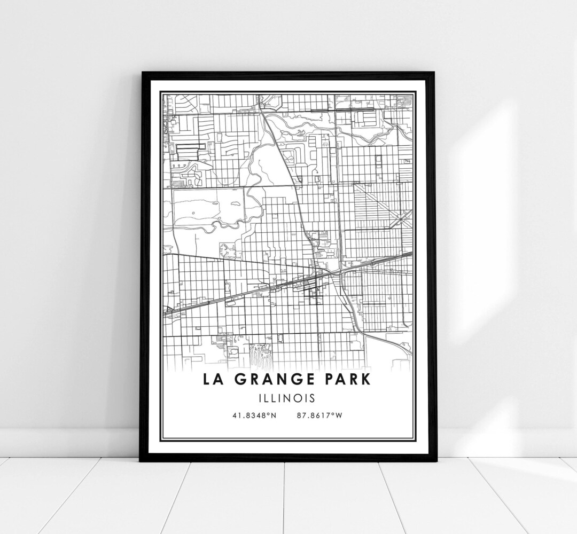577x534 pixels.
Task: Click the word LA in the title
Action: (212, 379)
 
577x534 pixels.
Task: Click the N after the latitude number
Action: (273, 415)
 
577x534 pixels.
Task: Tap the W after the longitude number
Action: (338, 415)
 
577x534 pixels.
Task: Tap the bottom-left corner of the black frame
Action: (140, 461)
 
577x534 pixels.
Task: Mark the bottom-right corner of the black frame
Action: (436, 461)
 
